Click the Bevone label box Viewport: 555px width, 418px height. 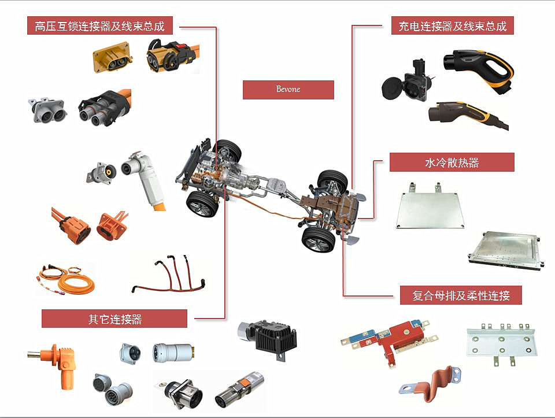(x=288, y=90)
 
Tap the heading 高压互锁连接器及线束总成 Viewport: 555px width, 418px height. (x=100, y=26)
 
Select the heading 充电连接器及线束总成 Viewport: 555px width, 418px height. (x=452, y=26)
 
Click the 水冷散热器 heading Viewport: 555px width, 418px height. (x=452, y=162)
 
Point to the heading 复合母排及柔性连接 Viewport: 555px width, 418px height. (x=461, y=295)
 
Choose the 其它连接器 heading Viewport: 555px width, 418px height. (x=114, y=319)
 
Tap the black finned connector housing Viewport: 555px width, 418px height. (x=268, y=339)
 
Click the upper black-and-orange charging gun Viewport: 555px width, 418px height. (x=479, y=70)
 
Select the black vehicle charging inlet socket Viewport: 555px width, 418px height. (x=407, y=82)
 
